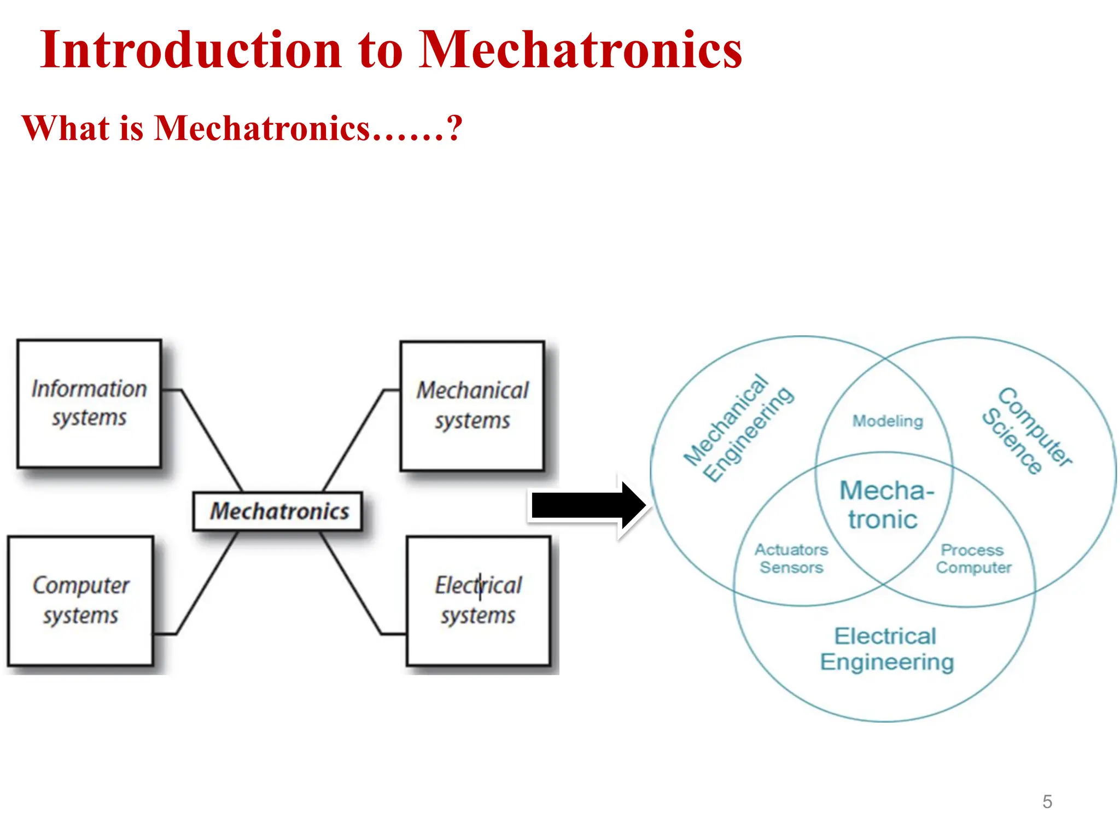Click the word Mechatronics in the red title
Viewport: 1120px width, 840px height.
580,50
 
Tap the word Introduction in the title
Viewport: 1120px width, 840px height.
191,50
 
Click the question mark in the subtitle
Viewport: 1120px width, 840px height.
454,128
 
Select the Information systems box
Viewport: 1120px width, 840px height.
89,404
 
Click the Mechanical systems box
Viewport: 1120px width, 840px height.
472,406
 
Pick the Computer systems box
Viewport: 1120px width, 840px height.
80,600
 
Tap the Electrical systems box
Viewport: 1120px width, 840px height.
478,600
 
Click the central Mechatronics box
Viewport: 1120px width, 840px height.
278,511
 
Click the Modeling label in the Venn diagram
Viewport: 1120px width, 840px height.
887,421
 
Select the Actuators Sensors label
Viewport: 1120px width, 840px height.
791,558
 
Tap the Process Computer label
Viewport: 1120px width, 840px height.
973,558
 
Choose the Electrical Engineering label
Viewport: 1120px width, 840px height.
886,649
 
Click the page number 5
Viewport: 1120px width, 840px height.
1047,802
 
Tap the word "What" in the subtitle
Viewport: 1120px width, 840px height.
66,128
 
